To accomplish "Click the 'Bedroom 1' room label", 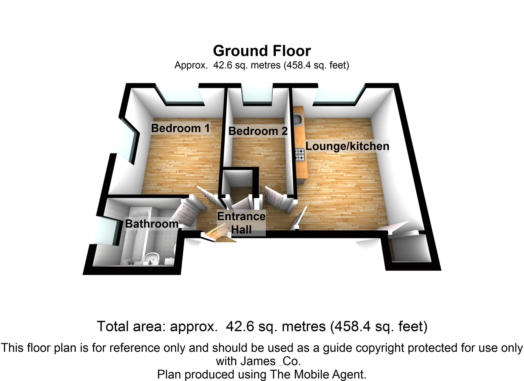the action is pyautogui.click(x=180, y=128).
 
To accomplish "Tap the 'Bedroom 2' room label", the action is pyautogui.click(x=258, y=131).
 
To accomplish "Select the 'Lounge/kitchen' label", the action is pyautogui.click(x=347, y=146).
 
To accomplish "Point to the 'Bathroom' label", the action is pyautogui.click(x=152, y=224).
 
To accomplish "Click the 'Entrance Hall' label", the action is pyautogui.click(x=241, y=223).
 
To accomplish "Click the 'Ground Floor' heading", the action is pyautogui.click(x=262, y=51).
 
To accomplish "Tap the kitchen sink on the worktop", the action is pyautogui.click(x=298, y=120).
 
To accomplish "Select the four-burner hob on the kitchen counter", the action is pyautogui.click(x=300, y=154).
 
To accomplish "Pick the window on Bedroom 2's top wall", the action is pyautogui.click(x=257, y=96).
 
